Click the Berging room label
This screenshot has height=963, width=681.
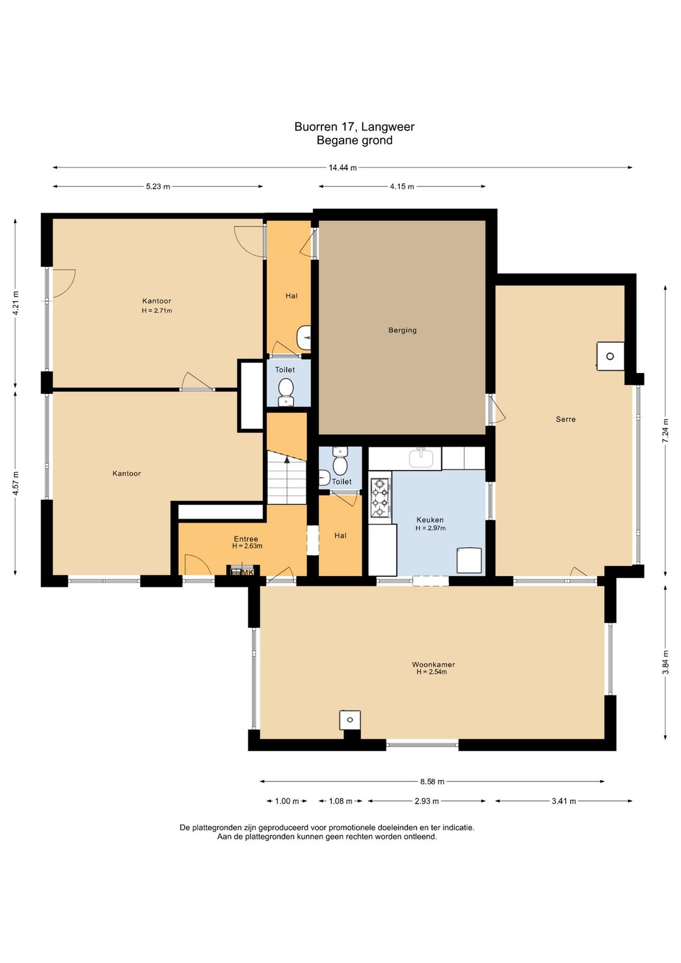tap(402, 330)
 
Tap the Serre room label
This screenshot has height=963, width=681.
tap(566, 419)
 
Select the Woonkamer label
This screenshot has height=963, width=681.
tap(433, 665)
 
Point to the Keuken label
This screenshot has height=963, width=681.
tap(429, 520)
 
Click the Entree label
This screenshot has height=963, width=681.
tap(246, 539)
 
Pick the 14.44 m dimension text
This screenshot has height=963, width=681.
tap(342, 168)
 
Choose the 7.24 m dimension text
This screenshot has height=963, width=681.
tap(665, 430)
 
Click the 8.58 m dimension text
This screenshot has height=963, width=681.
tap(432, 782)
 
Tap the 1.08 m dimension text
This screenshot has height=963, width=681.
tap(340, 801)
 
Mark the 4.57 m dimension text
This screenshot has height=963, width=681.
tap(16, 483)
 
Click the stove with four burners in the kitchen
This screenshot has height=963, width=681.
tap(380, 498)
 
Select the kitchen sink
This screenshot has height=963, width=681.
tap(421, 458)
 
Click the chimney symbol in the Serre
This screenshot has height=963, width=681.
tap(610, 356)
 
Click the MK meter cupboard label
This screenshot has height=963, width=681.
tap(248, 573)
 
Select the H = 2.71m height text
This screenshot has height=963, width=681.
tap(157, 310)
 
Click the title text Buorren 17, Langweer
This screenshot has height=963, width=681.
tap(354, 127)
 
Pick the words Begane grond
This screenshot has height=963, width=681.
tap(354, 140)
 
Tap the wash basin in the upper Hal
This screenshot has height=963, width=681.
tap(304, 338)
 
